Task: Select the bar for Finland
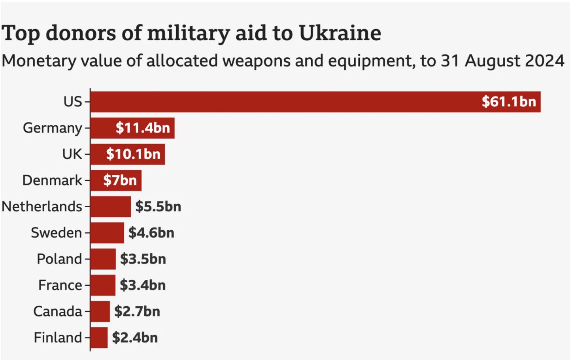point(99,337)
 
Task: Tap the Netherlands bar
point(111,207)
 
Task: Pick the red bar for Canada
point(100,311)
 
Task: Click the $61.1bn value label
point(509,102)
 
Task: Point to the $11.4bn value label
point(143,128)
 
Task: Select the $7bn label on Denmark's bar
point(120,180)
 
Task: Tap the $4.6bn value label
point(151,233)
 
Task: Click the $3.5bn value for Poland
point(143,259)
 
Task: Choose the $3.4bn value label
point(143,285)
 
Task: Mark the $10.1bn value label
point(133,154)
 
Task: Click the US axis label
point(73,102)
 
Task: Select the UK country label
point(72,154)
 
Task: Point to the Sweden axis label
point(56,233)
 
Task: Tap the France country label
point(60,285)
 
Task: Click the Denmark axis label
point(52,180)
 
